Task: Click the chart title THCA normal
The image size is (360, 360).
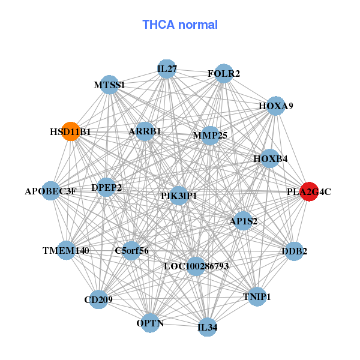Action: (x=180, y=25)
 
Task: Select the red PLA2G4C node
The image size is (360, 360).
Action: (x=308, y=191)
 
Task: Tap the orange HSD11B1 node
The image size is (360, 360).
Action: (x=71, y=131)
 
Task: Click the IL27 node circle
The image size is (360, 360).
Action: (x=167, y=69)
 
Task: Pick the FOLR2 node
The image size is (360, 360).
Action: (x=223, y=73)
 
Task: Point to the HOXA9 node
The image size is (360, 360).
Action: (x=275, y=106)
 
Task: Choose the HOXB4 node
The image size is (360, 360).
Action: (x=270, y=159)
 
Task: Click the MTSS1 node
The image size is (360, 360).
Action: (x=110, y=85)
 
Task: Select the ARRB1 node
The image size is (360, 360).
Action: (x=145, y=131)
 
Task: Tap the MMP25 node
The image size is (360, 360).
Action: (x=210, y=135)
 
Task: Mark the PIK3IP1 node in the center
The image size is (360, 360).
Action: (x=179, y=196)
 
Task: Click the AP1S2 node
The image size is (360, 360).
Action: (x=243, y=221)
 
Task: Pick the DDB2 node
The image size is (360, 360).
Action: (x=293, y=251)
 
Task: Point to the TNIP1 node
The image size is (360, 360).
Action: (x=257, y=297)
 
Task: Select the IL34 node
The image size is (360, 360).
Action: (x=208, y=327)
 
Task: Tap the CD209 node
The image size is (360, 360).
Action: (x=98, y=299)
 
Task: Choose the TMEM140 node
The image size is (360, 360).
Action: (x=66, y=250)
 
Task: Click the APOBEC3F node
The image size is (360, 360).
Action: (x=51, y=191)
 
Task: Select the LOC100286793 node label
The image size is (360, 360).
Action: (x=196, y=266)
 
